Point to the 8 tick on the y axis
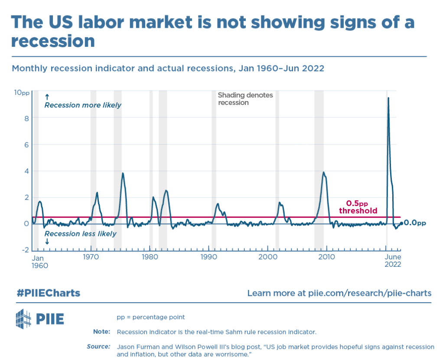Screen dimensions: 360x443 (x=26, y=118)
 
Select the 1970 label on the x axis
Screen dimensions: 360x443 (x=90, y=257)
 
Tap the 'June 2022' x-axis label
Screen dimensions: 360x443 (x=393, y=261)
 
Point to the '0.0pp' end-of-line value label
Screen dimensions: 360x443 (x=414, y=223)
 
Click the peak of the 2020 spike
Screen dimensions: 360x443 (x=388, y=98)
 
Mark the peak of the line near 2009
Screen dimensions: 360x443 (x=323, y=172)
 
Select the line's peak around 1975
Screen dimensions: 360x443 (x=123, y=173)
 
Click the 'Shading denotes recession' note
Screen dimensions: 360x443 (x=245, y=99)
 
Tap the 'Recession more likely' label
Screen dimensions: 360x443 (x=83, y=105)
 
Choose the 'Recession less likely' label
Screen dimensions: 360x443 (x=80, y=234)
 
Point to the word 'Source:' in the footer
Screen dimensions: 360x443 (x=98, y=347)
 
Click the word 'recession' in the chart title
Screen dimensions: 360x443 (x=52, y=41)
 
